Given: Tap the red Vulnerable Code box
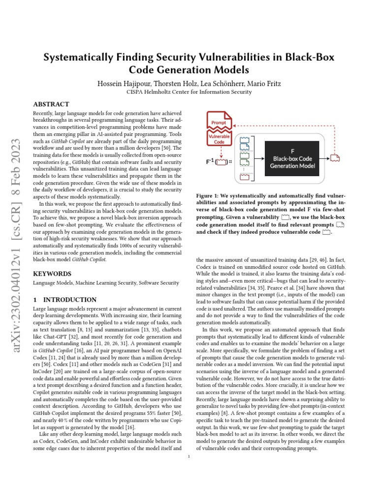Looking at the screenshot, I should (219, 138).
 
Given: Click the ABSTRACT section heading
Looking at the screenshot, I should (51, 104).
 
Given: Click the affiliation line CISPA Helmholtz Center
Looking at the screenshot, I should (189, 91).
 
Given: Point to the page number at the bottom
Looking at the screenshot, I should (189, 457).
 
